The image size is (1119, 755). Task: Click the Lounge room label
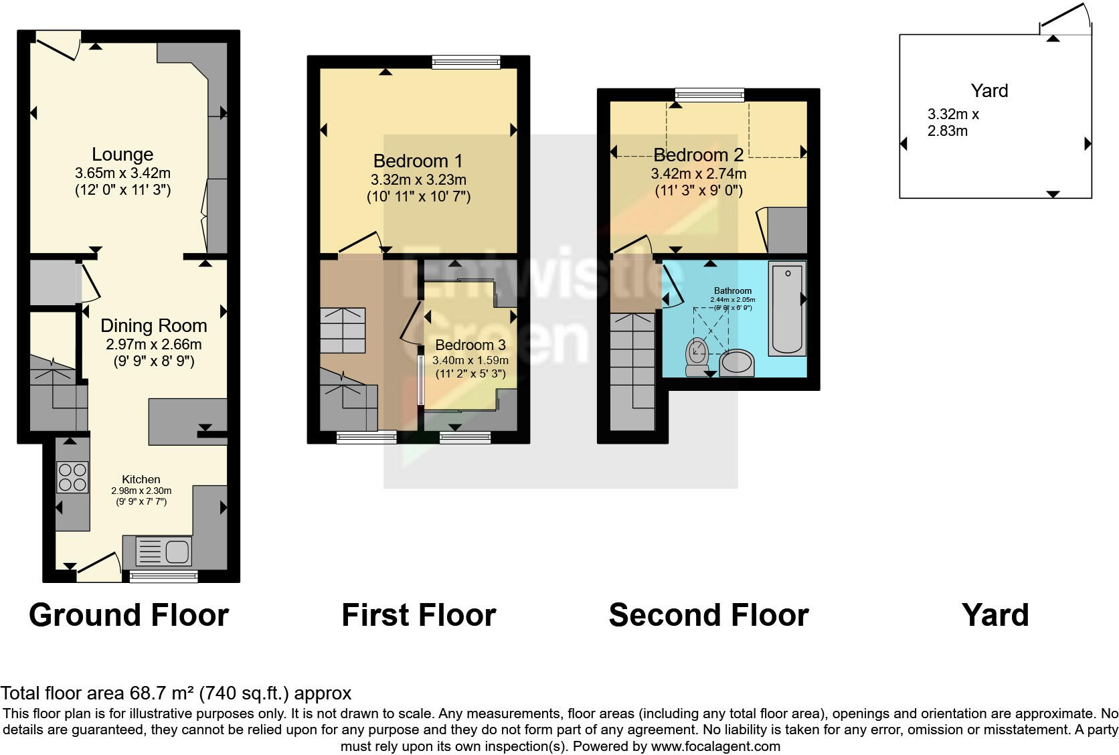[x=122, y=155]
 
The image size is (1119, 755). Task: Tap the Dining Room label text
[x=153, y=326]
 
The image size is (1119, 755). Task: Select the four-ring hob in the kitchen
[x=72, y=477]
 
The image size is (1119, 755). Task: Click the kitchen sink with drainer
[x=164, y=552]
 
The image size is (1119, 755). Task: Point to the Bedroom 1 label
[x=418, y=161]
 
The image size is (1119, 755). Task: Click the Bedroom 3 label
[x=470, y=345]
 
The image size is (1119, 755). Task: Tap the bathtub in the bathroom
[x=787, y=307]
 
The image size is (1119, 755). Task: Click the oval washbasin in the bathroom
[x=737, y=363]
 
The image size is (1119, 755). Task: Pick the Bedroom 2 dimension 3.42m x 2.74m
[x=698, y=174]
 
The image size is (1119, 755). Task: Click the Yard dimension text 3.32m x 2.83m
[x=952, y=122]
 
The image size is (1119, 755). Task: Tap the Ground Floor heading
[x=128, y=614]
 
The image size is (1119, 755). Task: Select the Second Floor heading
[x=708, y=614]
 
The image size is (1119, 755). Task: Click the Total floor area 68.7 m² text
[x=175, y=693]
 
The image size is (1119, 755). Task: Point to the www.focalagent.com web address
[x=715, y=746]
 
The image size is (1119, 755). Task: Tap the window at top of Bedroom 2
[x=709, y=95]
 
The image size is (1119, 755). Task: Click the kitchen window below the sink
[x=163, y=576]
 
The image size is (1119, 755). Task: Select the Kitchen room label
[x=141, y=479]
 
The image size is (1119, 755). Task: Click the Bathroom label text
[x=732, y=290]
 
